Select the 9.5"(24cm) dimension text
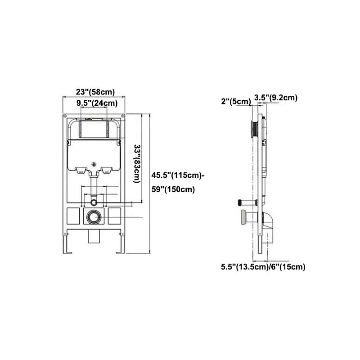[97, 103]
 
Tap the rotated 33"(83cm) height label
[139, 164]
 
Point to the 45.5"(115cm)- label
[177, 175]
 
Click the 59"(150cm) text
[173, 189]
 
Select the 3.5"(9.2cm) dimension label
[275, 98]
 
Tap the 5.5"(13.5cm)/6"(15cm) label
[263, 267]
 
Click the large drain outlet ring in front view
[94, 217]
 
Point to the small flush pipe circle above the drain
[94, 199]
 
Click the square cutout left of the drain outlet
[73, 216]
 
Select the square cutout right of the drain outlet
[115, 216]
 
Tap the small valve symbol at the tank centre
[94, 164]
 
